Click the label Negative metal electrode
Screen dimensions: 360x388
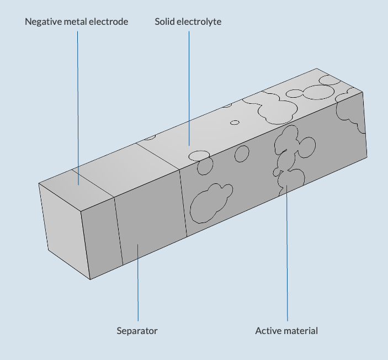pos(76,22)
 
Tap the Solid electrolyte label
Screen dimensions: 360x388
pos(188,22)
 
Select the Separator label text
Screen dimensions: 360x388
pos(137,331)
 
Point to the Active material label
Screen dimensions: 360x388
pos(286,331)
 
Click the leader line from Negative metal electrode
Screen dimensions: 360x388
pos(77,99)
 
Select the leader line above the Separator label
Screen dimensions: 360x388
pos(137,293)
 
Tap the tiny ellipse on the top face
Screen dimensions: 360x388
pos(235,123)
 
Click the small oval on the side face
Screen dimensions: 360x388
pos(242,153)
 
